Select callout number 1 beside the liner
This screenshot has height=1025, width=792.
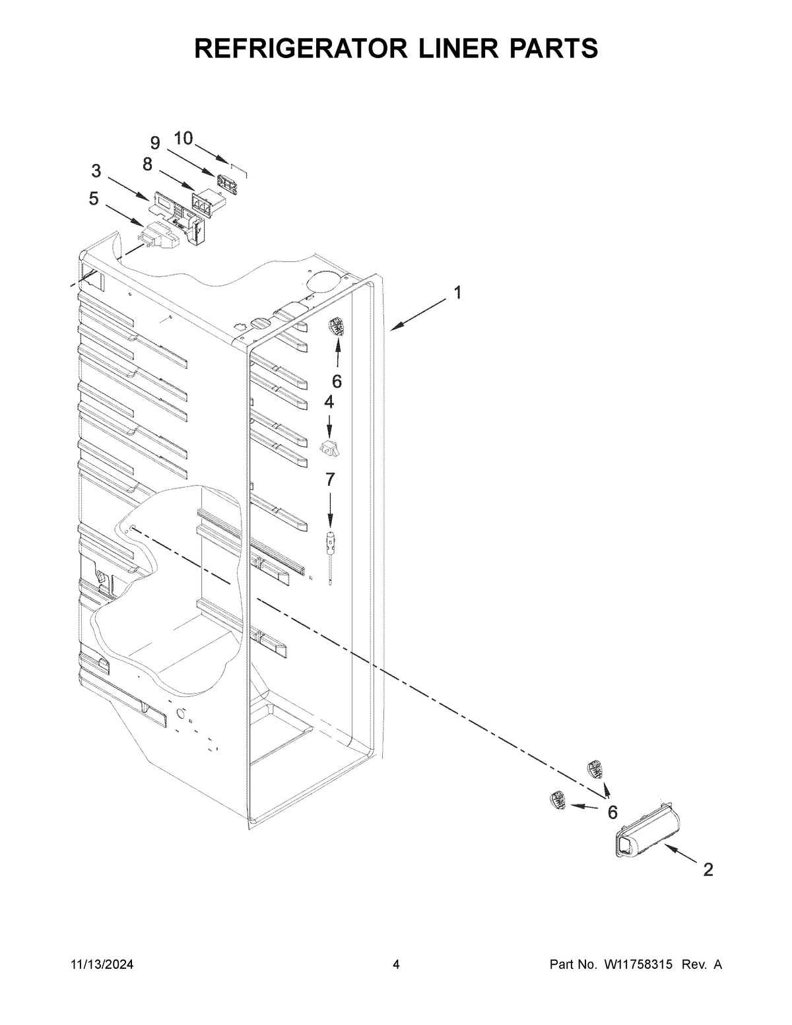pyautogui.click(x=457, y=292)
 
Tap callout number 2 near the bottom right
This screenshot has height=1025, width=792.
pyautogui.click(x=708, y=870)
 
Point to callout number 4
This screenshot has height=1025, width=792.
pyautogui.click(x=329, y=401)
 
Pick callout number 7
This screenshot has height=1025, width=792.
pyautogui.click(x=329, y=479)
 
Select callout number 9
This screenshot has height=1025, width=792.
pyautogui.click(x=155, y=142)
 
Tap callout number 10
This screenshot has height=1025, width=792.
pyautogui.click(x=183, y=138)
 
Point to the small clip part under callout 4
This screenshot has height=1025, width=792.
pyautogui.click(x=330, y=449)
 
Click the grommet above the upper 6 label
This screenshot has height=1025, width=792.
pyautogui.click(x=337, y=326)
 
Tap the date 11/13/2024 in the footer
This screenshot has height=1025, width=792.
pyautogui.click(x=102, y=965)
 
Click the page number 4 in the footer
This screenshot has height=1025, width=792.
pyautogui.click(x=396, y=965)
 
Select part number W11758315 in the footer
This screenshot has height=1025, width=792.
pyautogui.click(x=638, y=965)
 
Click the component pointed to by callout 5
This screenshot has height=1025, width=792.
pyautogui.click(x=160, y=237)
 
